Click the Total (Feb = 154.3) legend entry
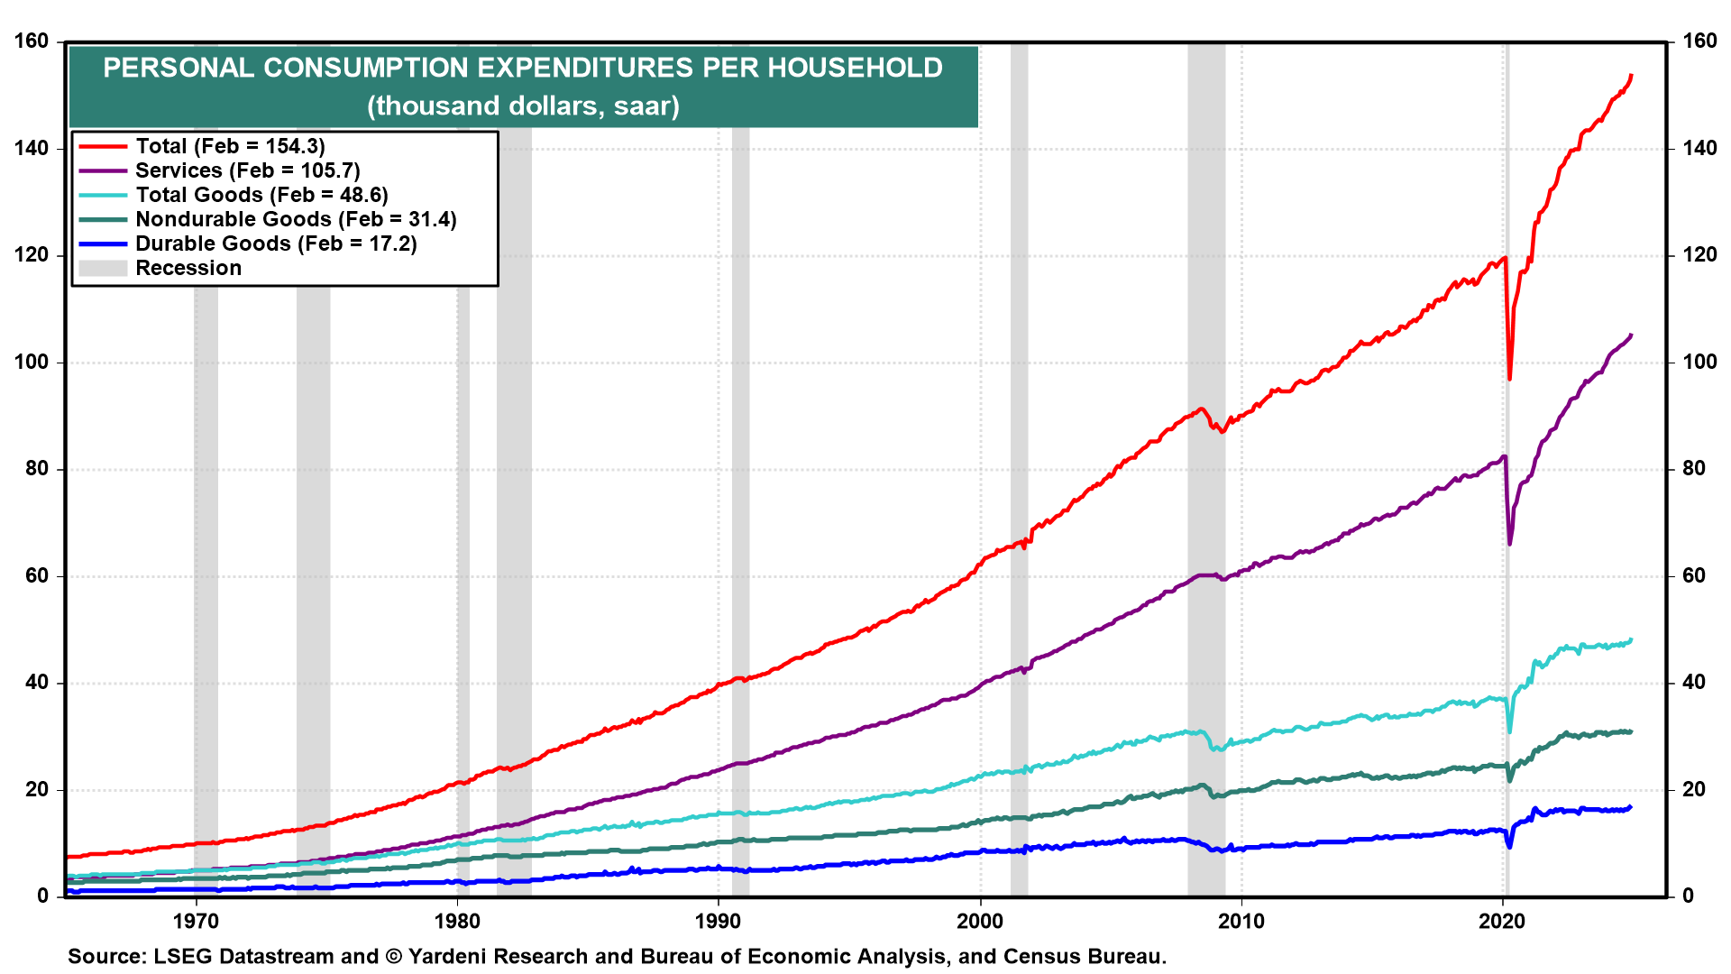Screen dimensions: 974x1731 point(230,146)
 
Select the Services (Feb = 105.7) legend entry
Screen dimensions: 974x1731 point(247,170)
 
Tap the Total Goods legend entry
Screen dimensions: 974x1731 point(261,195)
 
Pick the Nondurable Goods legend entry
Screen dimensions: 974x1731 point(296,219)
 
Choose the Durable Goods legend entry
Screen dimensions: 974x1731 point(276,243)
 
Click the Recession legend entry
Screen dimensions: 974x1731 point(188,268)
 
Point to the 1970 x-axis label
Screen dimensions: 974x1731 point(196,921)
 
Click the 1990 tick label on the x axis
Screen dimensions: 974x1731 point(719,921)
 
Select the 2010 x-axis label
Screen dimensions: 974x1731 point(1241,921)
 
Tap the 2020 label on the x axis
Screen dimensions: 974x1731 point(1503,921)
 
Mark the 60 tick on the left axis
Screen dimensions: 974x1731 point(37,575)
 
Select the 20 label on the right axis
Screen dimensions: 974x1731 point(1694,789)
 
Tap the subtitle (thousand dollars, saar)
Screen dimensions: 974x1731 point(523,106)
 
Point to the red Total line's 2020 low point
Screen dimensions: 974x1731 point(1510,378)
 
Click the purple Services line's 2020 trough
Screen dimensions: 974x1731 point(1510,543)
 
